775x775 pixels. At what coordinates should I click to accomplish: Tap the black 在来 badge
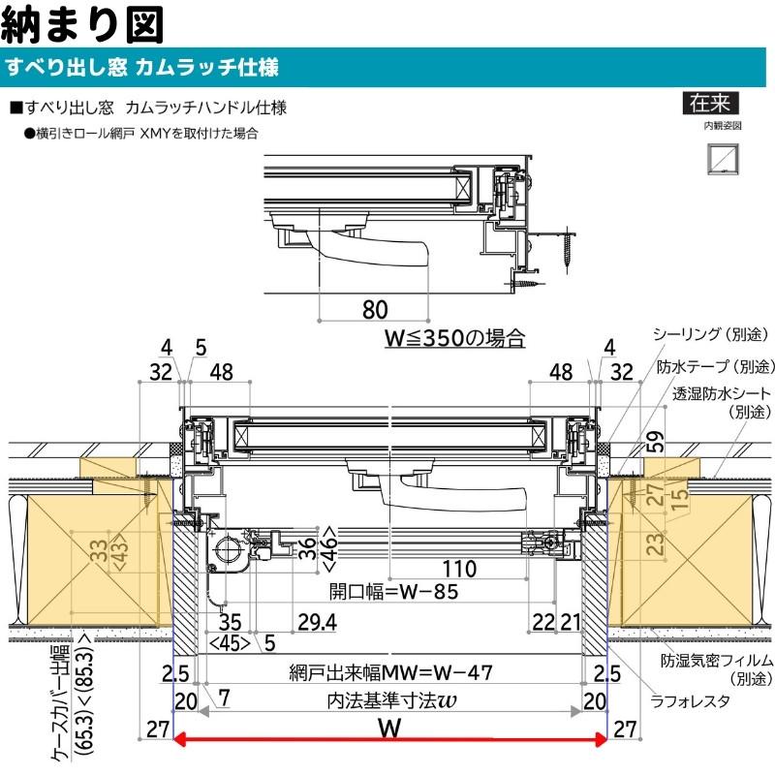pyautogui.click(x=709, y=103)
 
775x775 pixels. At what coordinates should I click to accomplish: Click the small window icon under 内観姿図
pyautogui.click(x=721, y=158)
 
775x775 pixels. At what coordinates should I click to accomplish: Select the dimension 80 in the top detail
pyautogui.click(x=375, y=309)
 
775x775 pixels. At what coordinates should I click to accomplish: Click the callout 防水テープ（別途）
pyautogui.click(x=715, y=367)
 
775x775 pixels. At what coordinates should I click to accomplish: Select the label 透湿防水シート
pyautogui.click(x=722, y=394)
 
